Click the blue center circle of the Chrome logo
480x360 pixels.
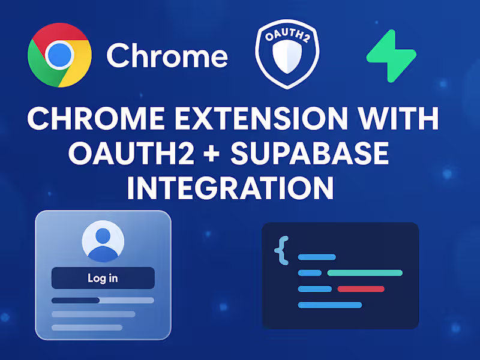point(59,56)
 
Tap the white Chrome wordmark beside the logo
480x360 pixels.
point(167,56)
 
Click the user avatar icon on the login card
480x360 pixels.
point(103,241)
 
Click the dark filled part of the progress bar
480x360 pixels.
point(76,300)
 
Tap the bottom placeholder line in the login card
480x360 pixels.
point(87,328)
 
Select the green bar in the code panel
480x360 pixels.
point(365,273)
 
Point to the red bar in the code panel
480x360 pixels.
point(361,289)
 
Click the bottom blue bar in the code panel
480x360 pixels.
point(330,305)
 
